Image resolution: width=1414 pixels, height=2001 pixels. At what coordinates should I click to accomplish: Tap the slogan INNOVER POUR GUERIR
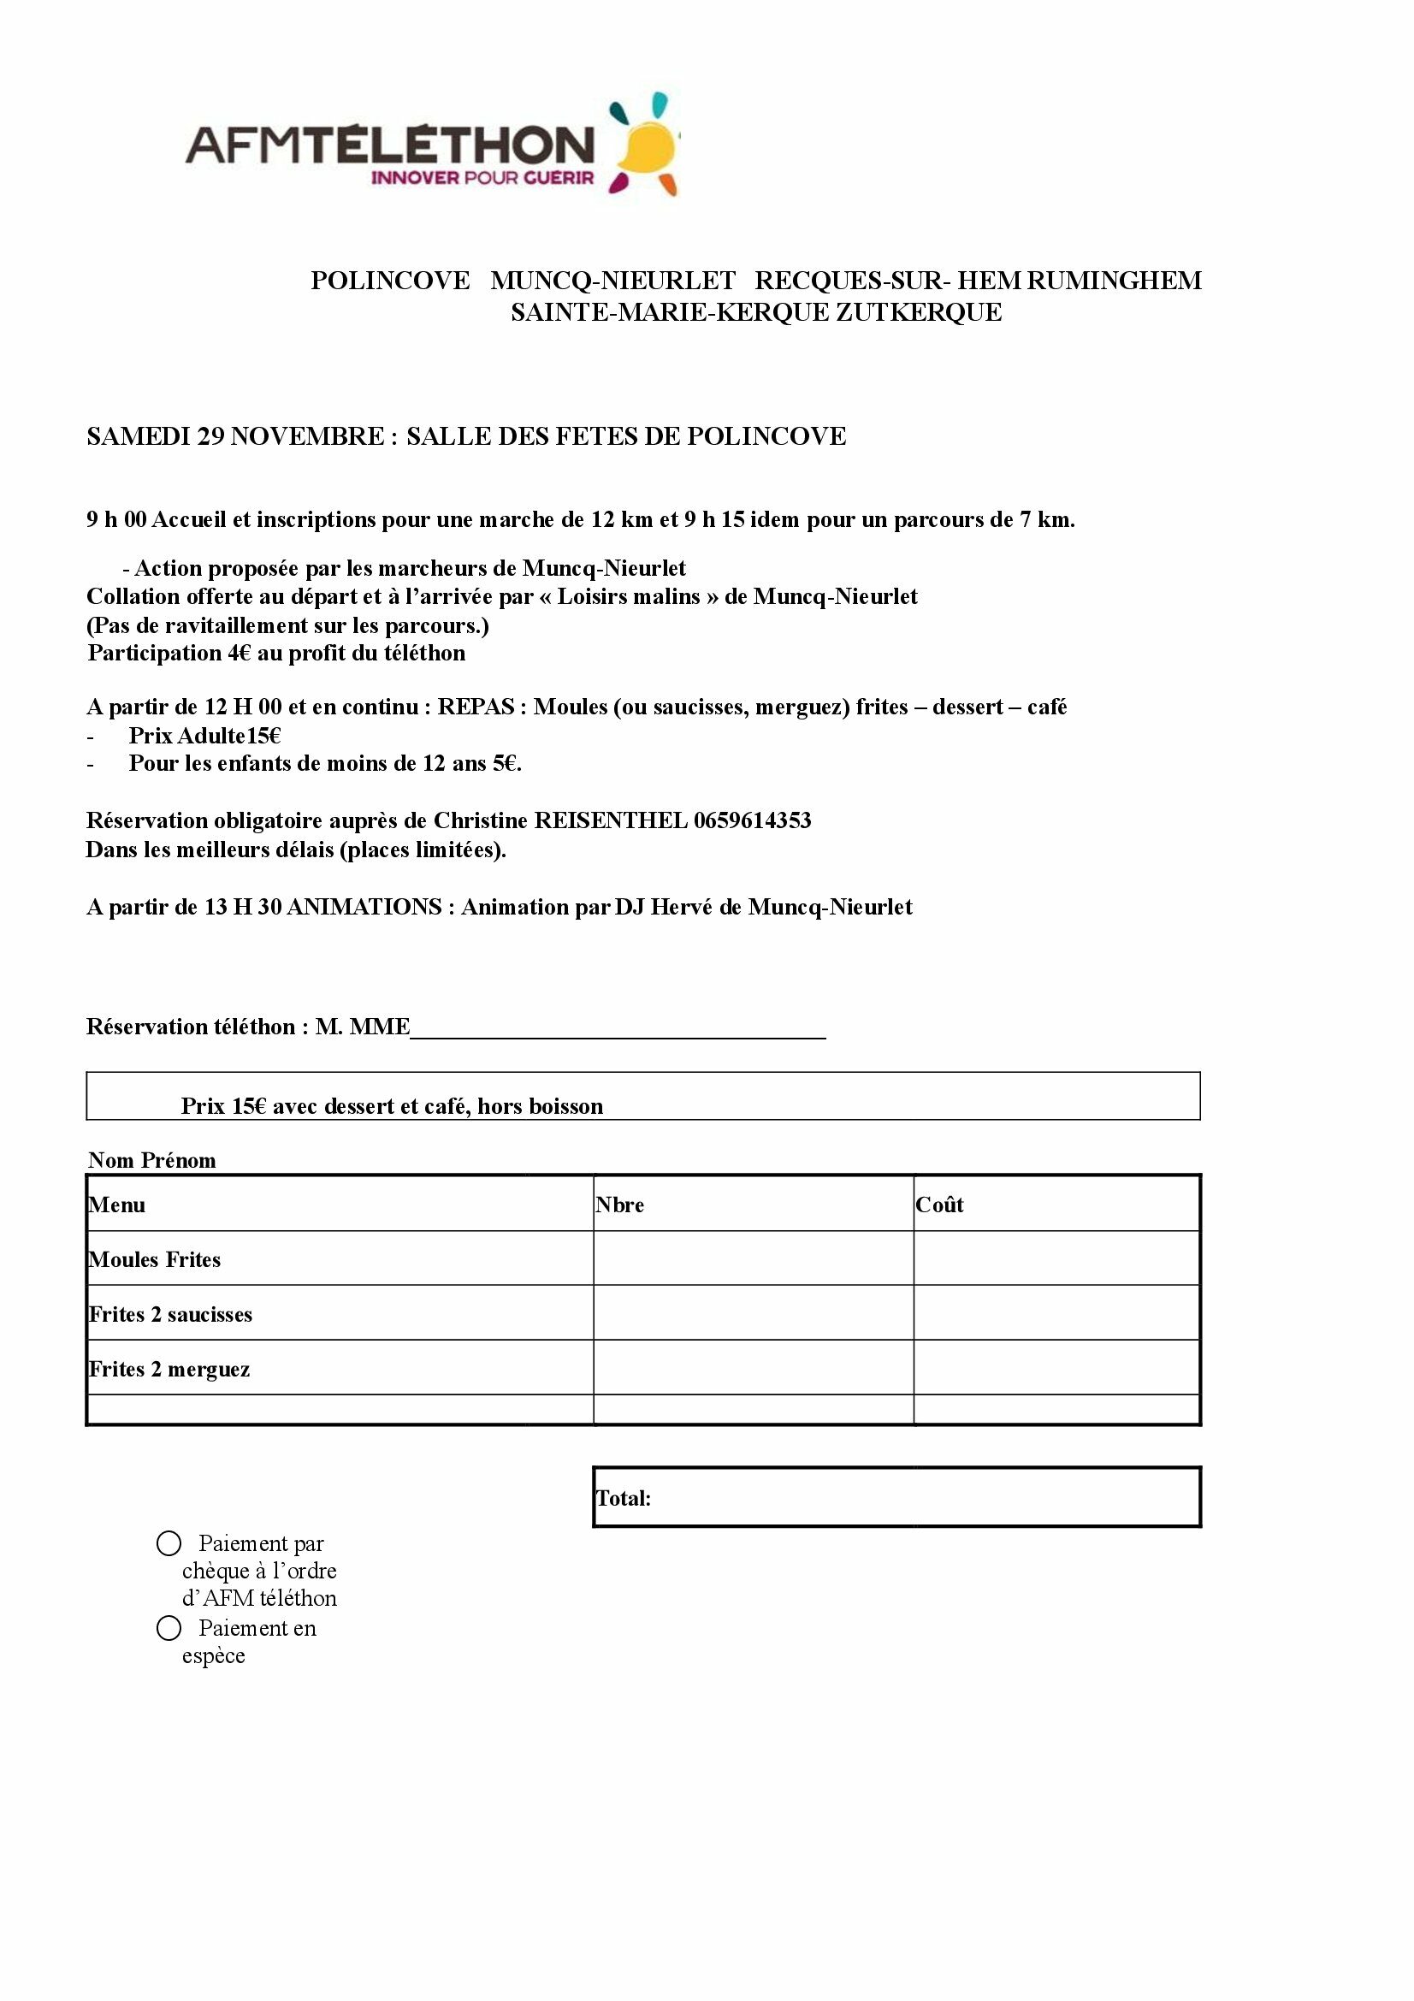pyautogui.click(x=482, y=179)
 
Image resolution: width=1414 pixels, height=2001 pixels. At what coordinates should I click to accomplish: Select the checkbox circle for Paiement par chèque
pyautogui.click(x=169, y=1543)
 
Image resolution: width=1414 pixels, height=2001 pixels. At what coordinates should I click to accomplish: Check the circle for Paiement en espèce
pyautogui.click(x=169, y=1627)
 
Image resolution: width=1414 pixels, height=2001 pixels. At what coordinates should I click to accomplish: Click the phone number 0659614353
pyautogui.click(x=752, y=820)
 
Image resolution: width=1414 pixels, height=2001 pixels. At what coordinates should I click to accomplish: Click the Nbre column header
pyautogui.click(x=619, y=1205)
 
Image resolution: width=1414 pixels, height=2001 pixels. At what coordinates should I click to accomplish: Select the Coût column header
pyautogui.click(x=939, y=1205)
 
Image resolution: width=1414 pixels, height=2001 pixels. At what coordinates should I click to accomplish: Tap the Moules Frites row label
pyautogui.click(x=155, y=1259)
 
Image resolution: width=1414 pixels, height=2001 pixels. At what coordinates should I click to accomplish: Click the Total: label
pyautogui.click(x=623, y=1498)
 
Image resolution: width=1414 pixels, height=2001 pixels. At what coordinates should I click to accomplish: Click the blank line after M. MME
pyautogui.click(x=617, y=1030)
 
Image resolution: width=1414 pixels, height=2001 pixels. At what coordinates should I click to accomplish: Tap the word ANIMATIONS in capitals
pyautogui.click(x=364, y=907)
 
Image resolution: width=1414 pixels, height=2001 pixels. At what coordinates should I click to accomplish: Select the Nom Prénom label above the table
pyautogui.click(x=152, y=1160)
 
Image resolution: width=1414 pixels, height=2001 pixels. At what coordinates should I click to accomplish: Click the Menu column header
pyautogui.click(x=116, y=1205)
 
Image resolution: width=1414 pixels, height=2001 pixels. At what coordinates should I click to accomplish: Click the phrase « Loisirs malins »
pyautogui.click(x=628, y=597)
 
